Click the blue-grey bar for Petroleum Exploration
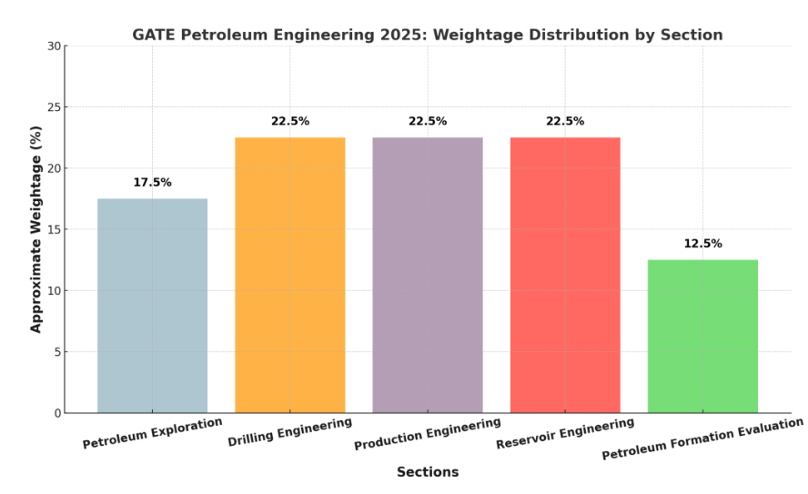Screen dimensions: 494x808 152,306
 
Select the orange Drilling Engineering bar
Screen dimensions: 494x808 289,275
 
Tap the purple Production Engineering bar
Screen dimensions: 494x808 427,275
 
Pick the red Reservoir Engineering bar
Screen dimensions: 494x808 564,275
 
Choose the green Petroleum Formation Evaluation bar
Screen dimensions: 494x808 702,337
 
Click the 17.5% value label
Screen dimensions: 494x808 152,183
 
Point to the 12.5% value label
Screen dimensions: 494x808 702,244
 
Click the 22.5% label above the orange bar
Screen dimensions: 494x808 289,122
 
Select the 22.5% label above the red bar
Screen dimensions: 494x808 564,122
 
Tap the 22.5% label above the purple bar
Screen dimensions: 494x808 427,122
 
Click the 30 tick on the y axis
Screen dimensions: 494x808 54,46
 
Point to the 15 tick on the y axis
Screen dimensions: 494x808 54,230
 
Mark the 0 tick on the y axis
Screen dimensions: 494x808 56,414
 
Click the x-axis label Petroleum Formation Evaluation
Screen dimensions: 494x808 702,439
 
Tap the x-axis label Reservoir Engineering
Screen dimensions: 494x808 564,434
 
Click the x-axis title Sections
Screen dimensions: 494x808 427,473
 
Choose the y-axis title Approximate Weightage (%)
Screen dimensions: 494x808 36,229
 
